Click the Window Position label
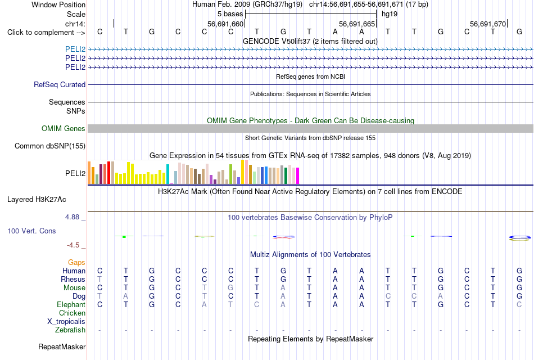(x=58, y=4)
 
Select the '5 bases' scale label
(x=230, y=14)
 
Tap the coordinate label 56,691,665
(x=357, y=24)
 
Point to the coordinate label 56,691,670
(x=488, y=24)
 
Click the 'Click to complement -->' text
(x=46, y=33)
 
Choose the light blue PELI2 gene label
(x=75, y=49)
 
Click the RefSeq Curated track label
(x=60, y=84)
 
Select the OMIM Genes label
(x=64, y=128)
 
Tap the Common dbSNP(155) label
(x=50, y=146)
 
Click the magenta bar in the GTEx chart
(x=298, y=176)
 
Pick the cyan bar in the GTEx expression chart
(x=168, y=174)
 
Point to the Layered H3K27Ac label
(x=37, y=200)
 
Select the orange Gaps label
(x=76, y=263)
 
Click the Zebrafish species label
(x=70, y=330)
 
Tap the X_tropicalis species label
(x=66, y=322)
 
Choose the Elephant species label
(x=71, y=304)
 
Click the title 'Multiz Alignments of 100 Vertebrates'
(x=310, y=255)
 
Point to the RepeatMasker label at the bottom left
(x=62, y=346)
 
